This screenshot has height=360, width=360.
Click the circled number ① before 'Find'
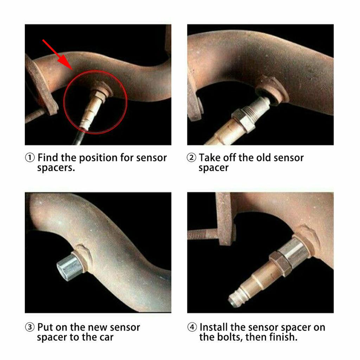coord(30,158)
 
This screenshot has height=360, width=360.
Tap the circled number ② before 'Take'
coord(191,158)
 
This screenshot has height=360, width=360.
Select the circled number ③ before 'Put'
coord(30,328)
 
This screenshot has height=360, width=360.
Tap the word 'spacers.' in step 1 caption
coord(56,168)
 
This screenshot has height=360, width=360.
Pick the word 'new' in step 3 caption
coord(97,327)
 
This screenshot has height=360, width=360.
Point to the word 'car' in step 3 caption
coord(105,337)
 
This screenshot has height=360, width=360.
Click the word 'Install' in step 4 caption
coord(214,327)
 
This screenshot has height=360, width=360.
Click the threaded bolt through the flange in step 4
coord(202,234)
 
